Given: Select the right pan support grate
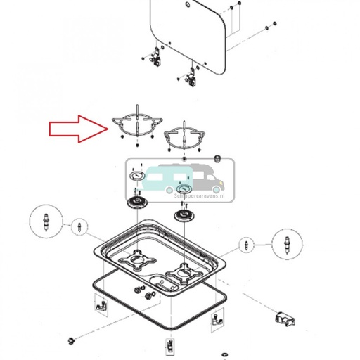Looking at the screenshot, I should click(184, 136).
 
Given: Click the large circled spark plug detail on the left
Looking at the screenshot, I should click(47, 222).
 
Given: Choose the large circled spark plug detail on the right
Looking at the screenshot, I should click(286, 244).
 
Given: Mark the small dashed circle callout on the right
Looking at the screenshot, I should click(246, 245).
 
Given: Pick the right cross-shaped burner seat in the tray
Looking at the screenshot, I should click(184, 274).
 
